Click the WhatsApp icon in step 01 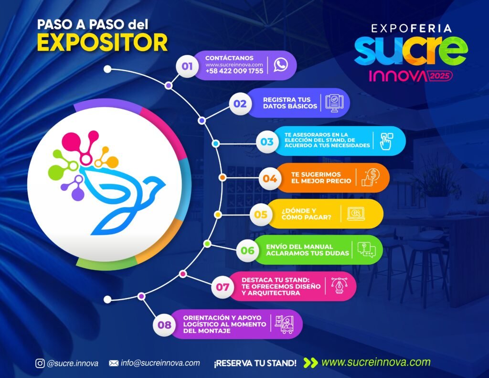click(281, 65)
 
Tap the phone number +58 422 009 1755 click(234, 71)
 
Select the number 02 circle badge click(240, 103)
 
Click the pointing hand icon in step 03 click(386, 141)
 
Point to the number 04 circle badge click(270, 179)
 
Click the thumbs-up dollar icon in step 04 click(371, 177)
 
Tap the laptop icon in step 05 click(356, 214)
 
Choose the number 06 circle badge click(247, 250)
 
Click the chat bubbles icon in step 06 click(366, 250)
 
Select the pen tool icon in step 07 click(339, 285)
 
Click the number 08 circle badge click(164, 325)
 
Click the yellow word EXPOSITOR click(102, 43)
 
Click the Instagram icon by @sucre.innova click(40, 363)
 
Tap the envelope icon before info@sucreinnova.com click(114, 363)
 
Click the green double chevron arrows click(310, 363)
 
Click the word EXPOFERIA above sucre click(411, 29)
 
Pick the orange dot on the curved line click(222, 178)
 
